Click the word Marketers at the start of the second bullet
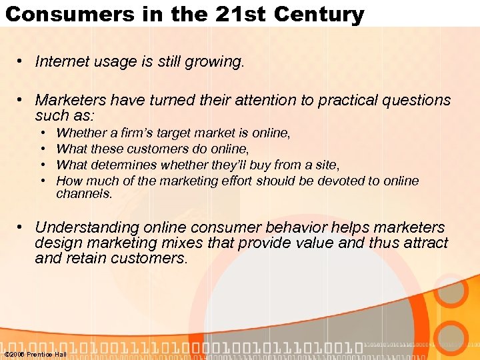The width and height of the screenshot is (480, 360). (71, 100)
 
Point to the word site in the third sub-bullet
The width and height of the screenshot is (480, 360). (327, 164)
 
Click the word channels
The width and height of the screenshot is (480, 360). (84, 194)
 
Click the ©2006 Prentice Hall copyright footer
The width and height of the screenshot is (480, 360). (35, 354)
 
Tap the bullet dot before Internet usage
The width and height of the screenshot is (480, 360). (22, 62)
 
